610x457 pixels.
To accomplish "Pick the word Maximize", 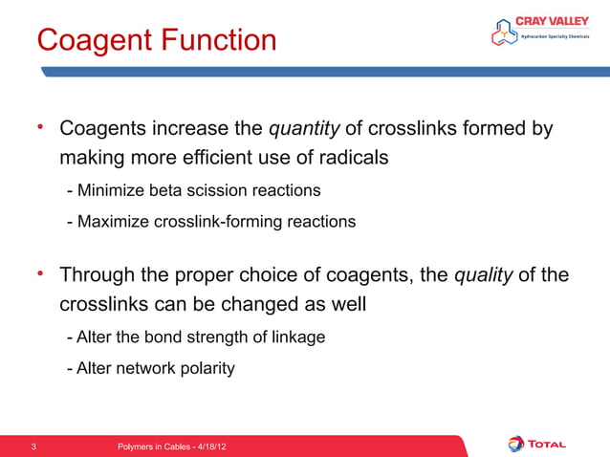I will [111, 222].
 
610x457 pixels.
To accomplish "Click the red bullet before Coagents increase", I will [42, 127].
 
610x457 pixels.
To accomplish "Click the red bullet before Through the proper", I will [42, 276].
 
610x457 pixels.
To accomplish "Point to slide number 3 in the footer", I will [34, 446].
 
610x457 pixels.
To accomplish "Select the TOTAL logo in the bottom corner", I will [536, 444].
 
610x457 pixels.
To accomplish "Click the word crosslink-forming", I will [229, 222].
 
